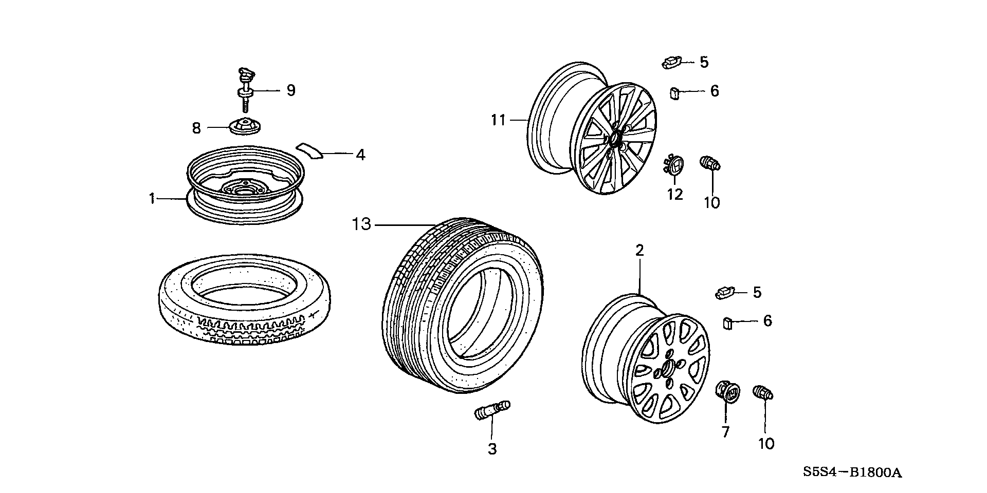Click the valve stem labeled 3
pos(491,411)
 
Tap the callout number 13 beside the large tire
pos(361,224)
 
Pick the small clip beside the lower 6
pos(727,324)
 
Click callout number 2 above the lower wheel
pos(639,251)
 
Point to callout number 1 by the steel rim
pos(152,198)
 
